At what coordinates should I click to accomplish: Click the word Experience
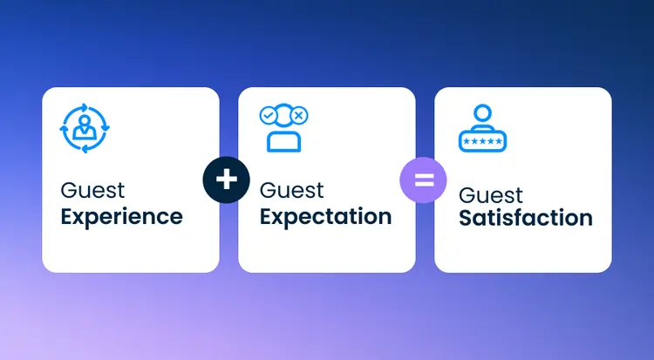tap(121, 216)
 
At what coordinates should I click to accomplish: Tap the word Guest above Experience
tap(92, 190)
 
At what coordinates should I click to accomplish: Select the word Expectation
tap(324, 216)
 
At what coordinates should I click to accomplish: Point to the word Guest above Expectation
tap(291, 190)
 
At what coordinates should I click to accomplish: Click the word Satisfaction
tap(526, 218)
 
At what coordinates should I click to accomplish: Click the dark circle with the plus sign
tap(226, 180)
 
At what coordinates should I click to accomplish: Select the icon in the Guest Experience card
tap(85, 129)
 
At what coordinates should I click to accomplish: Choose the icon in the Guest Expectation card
tap(283, 129)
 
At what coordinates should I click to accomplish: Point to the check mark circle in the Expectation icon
tap(269, 115)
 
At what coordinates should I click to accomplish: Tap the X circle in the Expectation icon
tap(298, 115)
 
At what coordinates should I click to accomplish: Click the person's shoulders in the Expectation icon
tap(283, 142)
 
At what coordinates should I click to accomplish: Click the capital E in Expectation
tap(267, 216)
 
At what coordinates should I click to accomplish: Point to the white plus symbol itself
tap(226, 180)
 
